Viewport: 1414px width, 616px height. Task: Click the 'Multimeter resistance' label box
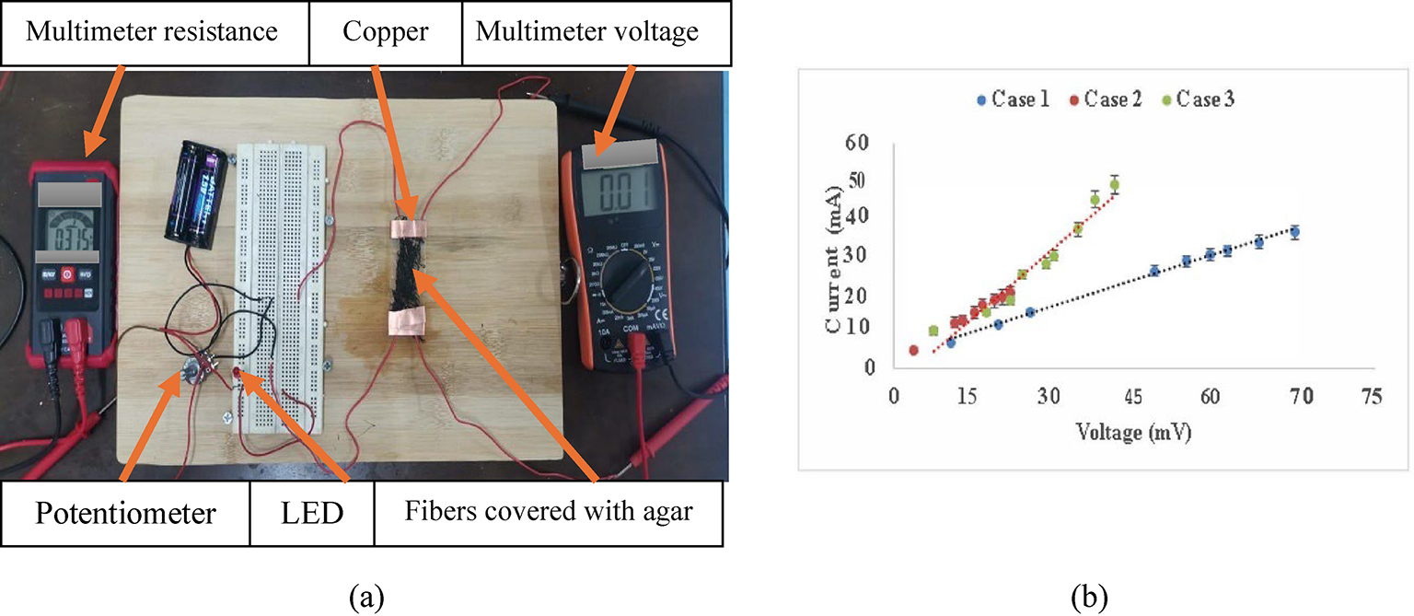pyautogui.click(x=152, y=32)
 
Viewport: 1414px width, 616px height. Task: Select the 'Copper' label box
pyautogui.click(x=385, y=32)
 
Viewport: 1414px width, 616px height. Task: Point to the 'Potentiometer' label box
pyautogui.click(x=125, y=513)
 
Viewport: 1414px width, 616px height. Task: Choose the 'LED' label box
pyautogui.click(x=312, y=513)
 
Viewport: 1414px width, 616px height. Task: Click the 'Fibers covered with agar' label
pyautogui.click(x=548, y=512)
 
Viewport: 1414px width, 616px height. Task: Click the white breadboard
pyautogui.click(x=281, y=276)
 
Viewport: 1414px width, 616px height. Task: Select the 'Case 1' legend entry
pyautogui.click(x=1014, y=99)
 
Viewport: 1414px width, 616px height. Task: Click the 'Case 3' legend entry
pyautogui.click(x=1199, y=99)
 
